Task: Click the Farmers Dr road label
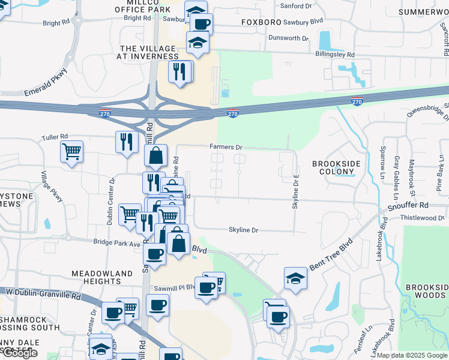(226, 147)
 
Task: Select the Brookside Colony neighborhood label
(333, 167)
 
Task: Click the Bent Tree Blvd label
(329, 254)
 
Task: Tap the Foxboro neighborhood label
(261, 23)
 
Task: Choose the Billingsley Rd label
(335, 54)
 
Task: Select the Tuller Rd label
(55, 137)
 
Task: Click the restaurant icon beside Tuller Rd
(126, 142)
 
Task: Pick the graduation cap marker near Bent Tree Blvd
(296, 277)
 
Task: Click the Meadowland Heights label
(102, 277)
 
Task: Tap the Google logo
(20, 353)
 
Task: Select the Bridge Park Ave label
(116, 242)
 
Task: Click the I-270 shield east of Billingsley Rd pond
(357, 102)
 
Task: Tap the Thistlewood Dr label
(423, 218)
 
